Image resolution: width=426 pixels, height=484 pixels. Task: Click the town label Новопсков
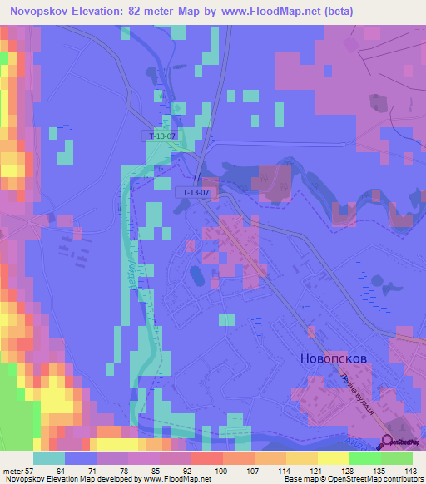click(x=332, y=358)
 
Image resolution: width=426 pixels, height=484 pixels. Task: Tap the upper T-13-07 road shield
click(x=161, y=136)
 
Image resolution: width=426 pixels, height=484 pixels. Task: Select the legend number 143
click(x=407, y=470)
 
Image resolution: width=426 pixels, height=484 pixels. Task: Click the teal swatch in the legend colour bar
click(x=49, y=458)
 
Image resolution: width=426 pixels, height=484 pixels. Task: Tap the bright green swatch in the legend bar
click(x=366, y=458)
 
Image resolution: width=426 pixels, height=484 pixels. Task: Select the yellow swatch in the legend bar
click(x=334, y=458)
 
